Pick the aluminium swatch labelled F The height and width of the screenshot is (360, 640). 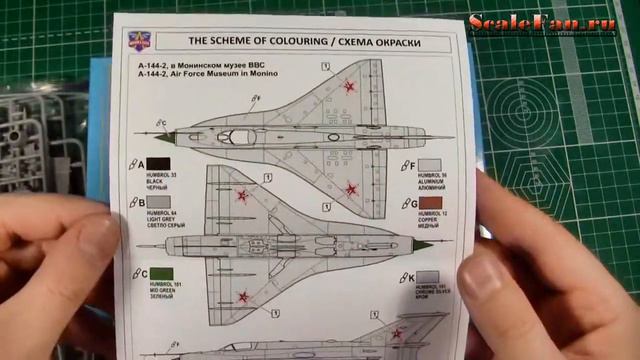(x=430, y=166)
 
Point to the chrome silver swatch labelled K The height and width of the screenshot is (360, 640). (x=429, y=279)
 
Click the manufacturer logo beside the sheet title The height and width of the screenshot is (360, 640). (x=137, y=42)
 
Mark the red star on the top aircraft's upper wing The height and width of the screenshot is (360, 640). (x=348, y=86)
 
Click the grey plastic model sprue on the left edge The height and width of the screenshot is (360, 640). (x=22, y=140)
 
